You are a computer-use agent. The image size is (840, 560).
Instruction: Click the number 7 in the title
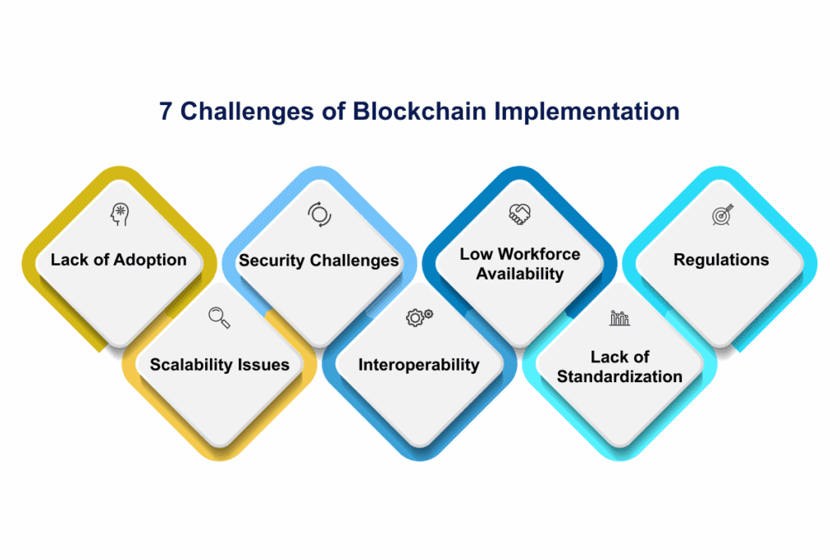click(166, 112)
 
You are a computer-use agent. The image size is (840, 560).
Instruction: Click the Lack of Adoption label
click(119, 260)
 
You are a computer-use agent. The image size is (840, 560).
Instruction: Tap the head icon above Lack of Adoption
click(120, 216)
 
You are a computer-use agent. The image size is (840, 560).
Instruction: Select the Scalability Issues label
click(219, 364)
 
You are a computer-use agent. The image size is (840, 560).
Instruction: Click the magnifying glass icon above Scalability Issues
click(219, 317)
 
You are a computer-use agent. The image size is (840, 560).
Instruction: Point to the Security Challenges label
click(319, 261)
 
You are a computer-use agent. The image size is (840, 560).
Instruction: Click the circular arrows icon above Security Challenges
click(319, 215)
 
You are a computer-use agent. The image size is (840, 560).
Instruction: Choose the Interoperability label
click(419, 364)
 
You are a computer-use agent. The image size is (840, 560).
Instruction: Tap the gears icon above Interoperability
click(419, 317)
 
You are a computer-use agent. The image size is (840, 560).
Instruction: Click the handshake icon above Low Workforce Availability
click(519, 215)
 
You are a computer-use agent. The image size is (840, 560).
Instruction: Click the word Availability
click(519, 273)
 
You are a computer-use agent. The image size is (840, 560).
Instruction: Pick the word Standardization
click(619, 376)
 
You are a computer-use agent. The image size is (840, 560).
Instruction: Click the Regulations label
click(721, 260)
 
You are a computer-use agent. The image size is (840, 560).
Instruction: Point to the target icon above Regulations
click(721, 216)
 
